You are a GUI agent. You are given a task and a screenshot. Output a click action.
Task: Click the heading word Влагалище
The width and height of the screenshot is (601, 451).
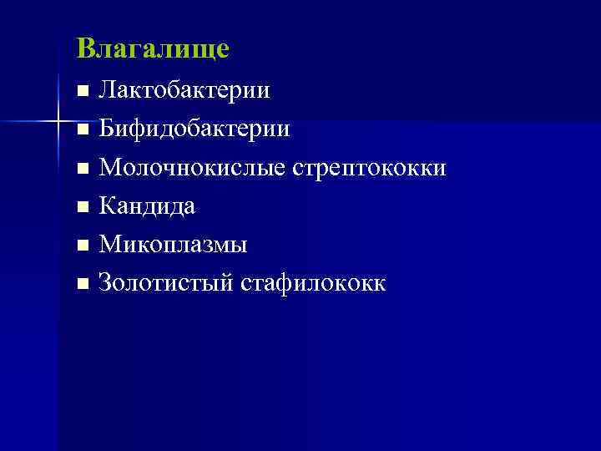[152, 49]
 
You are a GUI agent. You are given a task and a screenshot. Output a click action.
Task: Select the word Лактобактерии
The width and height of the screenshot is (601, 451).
[184, 90]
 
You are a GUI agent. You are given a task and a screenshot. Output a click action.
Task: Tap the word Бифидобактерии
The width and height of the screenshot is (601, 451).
[194, 129]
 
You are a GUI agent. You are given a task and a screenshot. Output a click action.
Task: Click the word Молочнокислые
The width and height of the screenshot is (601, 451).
[192, 169]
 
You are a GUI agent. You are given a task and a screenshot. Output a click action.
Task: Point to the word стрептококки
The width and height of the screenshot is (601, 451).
[369, 169]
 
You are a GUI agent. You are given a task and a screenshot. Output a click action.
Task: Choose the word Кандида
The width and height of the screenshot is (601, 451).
[147, 206]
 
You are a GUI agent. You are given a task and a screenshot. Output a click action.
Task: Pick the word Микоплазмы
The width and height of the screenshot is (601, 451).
[173, 245]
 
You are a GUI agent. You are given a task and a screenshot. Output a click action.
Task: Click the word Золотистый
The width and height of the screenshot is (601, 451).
[166, 283]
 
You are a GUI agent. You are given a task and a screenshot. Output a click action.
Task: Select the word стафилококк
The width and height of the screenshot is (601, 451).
[313, 283]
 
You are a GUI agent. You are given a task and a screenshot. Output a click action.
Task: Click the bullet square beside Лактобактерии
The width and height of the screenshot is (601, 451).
[81, 92]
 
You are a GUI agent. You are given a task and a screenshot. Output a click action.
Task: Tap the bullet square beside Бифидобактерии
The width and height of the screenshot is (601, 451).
[81, 131]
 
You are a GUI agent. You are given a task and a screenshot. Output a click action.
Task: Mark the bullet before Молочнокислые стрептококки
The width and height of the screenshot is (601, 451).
[81, 170]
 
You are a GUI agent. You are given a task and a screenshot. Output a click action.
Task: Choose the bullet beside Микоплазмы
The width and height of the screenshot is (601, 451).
[81, 246]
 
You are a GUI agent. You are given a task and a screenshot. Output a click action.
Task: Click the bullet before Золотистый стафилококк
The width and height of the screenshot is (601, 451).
[81, 285]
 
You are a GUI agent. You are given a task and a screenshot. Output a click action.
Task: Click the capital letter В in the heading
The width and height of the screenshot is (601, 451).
[84, 48]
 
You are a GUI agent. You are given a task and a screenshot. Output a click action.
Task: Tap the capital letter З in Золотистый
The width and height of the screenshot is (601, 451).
[105, 283]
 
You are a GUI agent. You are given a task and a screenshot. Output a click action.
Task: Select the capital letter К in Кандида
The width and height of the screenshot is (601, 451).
[107, 206]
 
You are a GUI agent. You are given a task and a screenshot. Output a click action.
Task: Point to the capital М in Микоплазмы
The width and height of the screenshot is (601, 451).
[109, 245]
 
